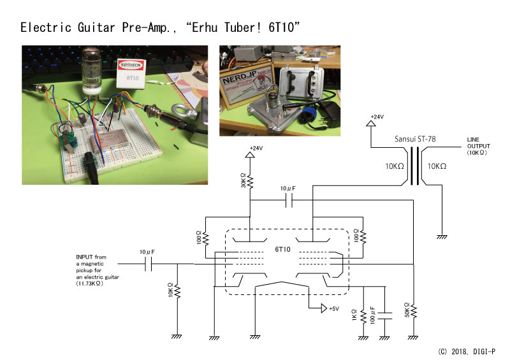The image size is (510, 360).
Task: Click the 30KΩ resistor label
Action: pos(244,180)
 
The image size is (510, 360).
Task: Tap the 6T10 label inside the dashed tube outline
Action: pos(282,249)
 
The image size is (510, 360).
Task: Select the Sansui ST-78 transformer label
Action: pos(415,139)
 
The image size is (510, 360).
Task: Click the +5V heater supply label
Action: pos(334,308)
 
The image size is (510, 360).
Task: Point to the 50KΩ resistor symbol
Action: pos(413,311)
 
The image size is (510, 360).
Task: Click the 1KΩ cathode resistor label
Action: pos(354,315)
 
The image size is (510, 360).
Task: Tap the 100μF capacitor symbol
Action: pos(385,316)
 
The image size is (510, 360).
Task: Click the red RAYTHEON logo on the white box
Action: pos(131,65)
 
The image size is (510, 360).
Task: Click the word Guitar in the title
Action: pos(96,27)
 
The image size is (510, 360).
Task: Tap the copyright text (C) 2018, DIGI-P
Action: pos(467,352)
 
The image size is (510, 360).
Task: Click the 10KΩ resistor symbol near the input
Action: pos(178,291)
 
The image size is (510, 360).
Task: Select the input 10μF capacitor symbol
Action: pos(149,264)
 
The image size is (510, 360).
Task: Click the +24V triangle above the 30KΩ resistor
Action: pos(250,154)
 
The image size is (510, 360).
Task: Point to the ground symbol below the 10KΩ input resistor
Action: pos(177,336)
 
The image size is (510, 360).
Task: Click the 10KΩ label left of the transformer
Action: pos(395,166)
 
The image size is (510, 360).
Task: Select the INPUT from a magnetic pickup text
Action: pos(98,270)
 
